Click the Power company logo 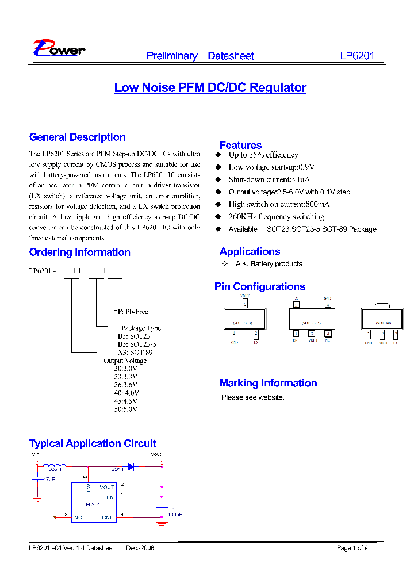tap(59, 49)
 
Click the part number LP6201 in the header tap(357, 56)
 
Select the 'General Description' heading tap(77, 137)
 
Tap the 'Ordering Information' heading tap(79, 252)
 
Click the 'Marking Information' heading tap(268, 384)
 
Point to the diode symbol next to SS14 tap(131, 466)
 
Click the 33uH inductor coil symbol tap(55, 466)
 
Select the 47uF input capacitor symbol tap(37, 478)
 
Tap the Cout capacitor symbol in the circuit tap(160, 508)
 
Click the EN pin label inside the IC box tap(110, 497)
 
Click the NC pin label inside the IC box tap(78, 518)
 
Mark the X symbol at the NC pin tap(55, 518)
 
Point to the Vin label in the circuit tap(35, 454)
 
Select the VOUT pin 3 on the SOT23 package tap(245, 303)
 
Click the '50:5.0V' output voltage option tap(126, 409)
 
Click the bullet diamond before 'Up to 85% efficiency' tap(218, 155)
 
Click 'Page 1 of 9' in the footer tap(352, 548)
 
